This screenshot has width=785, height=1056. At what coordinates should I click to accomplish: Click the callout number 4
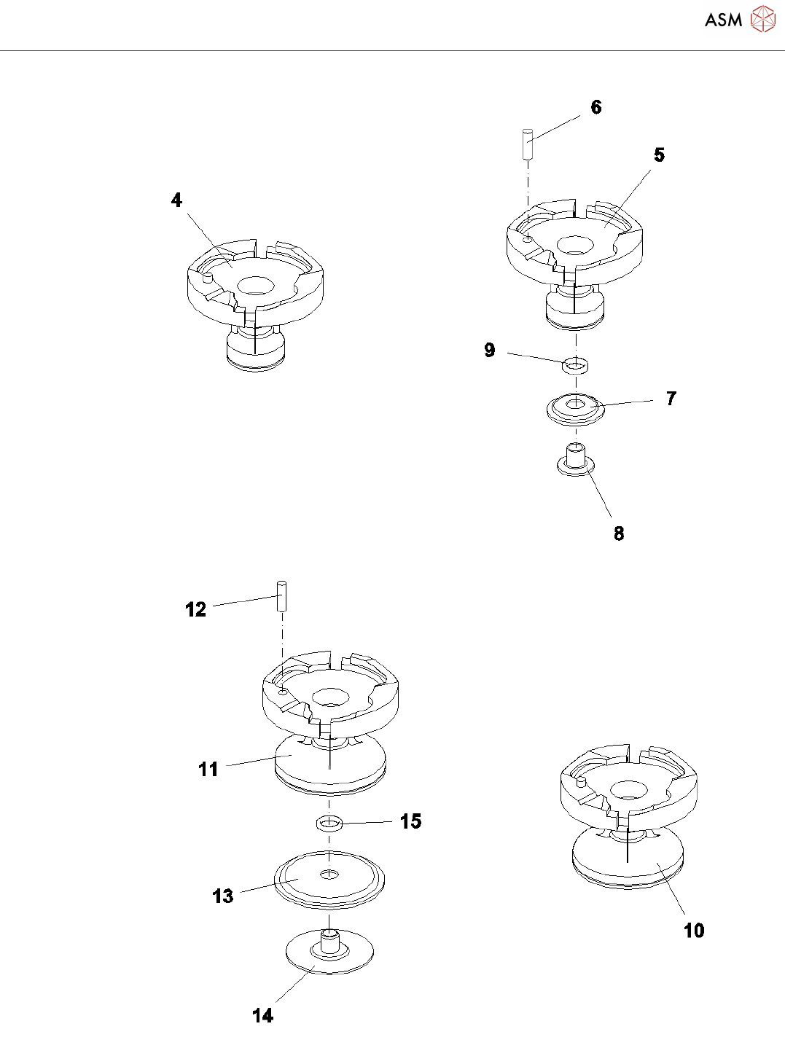click(x=176, y=200)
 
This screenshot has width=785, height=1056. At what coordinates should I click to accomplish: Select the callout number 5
click(x=659, y=155)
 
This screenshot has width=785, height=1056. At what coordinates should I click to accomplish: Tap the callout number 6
click(x=596, y=107)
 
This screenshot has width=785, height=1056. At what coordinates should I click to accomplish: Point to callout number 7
click(x=671, y=399)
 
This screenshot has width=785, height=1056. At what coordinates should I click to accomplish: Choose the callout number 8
click(x=619, y=533)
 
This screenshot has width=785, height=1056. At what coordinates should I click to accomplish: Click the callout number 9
click(x=490, y=351)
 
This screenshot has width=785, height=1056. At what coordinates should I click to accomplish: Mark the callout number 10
click(x=694, y=930)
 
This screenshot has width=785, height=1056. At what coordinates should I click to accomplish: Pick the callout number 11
click(x=208, y=769)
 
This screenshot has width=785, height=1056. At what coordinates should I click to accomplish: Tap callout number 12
click(x=196, y=609)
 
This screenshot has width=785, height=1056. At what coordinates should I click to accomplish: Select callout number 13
click(x=223, y=896)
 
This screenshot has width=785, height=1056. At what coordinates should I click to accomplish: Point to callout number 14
click(x=262, y=1015)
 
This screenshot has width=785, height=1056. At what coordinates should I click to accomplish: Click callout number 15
click(x=410, y=821)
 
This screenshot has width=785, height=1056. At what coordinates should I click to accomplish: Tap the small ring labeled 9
click(x=576, y=363)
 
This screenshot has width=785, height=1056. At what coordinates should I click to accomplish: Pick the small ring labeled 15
click(x=329, y=824)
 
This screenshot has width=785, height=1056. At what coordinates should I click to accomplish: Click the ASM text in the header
click(x=723, y=20)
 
